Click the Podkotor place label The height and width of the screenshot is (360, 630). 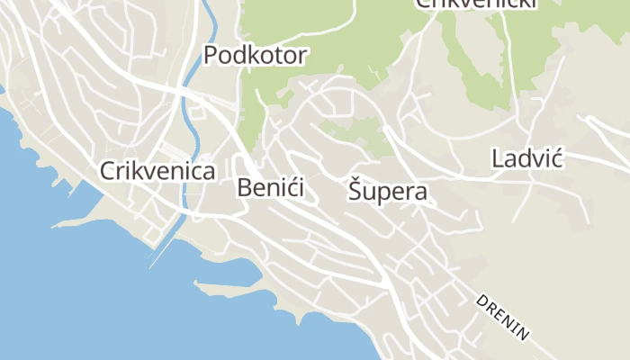pos(256,56)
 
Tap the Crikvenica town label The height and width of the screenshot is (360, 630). pos(157,171)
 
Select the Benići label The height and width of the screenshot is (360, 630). pos(271,188)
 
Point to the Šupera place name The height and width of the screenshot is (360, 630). pos(387,192)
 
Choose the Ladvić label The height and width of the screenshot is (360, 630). pos(526,160)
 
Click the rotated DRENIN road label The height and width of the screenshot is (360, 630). pos(503,318)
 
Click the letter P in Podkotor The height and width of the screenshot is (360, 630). pos(211,56)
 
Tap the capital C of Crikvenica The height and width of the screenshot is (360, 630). pos(108,171)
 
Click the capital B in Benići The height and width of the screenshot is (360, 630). pos(245,188)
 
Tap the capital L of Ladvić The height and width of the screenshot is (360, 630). pos(498,160)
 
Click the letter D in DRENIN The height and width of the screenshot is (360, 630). pos(481,301)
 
